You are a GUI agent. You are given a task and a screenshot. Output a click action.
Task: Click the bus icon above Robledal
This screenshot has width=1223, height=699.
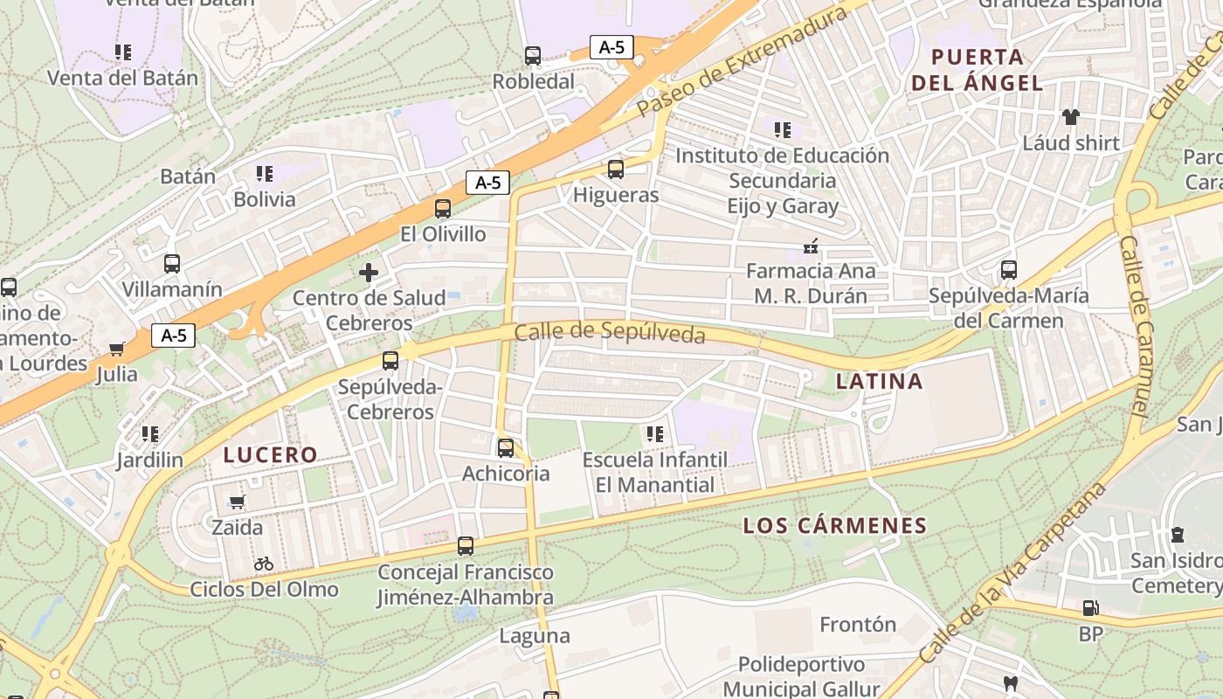coord(533,56)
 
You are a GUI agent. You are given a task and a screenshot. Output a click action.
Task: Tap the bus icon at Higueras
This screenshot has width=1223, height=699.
coord(616,169)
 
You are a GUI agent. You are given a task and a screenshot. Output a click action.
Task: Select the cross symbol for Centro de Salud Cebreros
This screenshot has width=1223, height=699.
coord(369,273)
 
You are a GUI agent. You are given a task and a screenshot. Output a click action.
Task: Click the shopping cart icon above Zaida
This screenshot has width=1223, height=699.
coord(237,502)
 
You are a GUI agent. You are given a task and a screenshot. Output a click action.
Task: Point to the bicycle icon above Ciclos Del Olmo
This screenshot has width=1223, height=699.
coord(264,564)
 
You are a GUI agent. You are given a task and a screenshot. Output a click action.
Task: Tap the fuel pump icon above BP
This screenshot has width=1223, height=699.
coord(1090,607)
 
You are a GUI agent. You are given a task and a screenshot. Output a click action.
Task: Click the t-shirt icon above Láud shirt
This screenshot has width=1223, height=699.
coord(1070,116)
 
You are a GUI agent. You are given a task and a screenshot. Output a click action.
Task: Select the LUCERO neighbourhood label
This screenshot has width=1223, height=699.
coord(270,454)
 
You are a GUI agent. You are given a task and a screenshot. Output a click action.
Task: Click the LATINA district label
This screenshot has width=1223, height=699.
coord(879,381)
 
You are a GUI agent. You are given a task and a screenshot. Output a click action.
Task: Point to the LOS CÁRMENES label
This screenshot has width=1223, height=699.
coord(834,525)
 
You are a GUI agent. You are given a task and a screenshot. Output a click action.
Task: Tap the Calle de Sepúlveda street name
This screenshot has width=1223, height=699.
coord(610,333)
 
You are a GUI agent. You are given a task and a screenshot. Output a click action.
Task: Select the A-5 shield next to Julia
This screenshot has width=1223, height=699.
coord(173,336)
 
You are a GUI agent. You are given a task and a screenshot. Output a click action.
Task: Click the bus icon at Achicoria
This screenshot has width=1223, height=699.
coord(506,448)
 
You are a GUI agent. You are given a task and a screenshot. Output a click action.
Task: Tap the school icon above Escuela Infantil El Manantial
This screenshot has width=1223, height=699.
coord(654,433)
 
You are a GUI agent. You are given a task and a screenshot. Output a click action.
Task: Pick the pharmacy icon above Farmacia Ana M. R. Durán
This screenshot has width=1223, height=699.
coord(812,246)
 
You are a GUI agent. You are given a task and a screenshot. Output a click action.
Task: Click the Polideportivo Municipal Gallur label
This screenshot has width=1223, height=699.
coord(801,676)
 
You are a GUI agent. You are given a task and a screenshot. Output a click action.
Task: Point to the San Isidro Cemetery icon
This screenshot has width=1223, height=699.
coord(1177,534)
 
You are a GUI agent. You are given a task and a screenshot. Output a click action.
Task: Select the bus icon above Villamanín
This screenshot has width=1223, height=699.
coord(172,263)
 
